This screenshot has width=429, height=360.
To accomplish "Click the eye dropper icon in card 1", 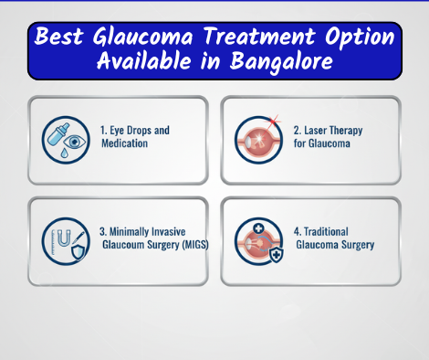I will (x=62, y=137).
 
